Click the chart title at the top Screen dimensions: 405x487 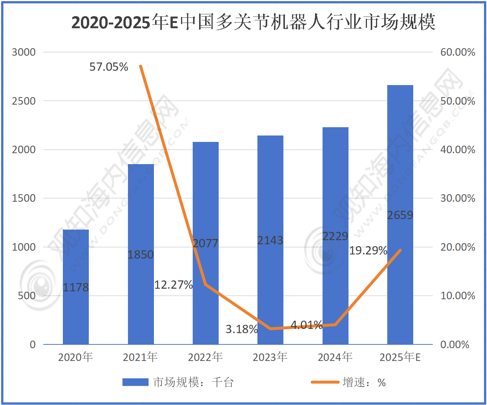253,22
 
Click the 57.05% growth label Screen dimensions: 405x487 109,67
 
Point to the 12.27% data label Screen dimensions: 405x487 173,285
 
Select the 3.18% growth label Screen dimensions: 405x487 242,329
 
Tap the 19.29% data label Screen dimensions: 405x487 368,251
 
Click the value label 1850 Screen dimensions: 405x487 141,255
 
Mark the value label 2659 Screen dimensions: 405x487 400,215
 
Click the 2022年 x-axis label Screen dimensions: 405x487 205,357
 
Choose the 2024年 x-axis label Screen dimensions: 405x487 335,357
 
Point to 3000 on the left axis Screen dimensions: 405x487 24,52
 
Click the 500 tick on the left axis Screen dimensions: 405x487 27,296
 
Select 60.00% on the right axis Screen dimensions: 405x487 458,52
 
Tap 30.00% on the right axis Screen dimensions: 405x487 458,198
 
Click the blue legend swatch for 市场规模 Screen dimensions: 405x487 135,382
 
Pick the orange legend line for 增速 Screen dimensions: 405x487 325,382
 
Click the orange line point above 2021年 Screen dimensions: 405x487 141,66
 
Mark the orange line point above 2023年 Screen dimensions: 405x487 271,329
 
